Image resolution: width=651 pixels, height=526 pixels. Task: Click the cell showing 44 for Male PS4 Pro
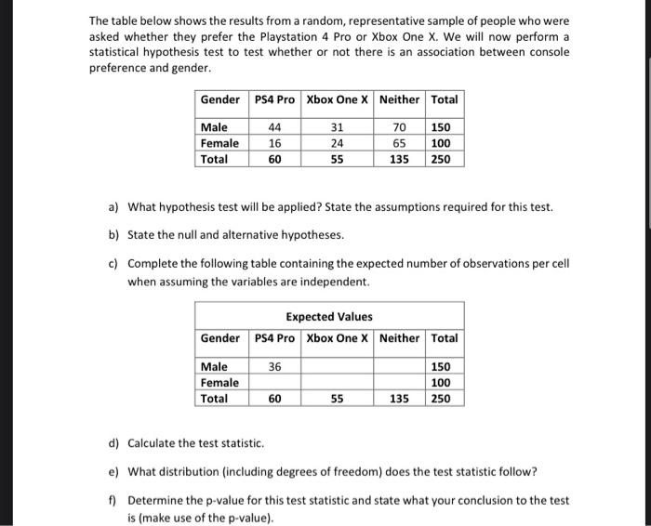pyautogui.click(x=274, y=126)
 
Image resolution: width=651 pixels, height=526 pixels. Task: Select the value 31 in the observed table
pyautogui.click(x=337, y=126)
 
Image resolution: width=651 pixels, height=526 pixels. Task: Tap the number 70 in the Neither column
pyautogui.click(x=401, y=126)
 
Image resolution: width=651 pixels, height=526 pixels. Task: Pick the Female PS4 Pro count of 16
pyautogui.click(x=274, y=143)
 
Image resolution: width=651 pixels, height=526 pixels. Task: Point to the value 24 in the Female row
pyautogui.click(x=337, y=143)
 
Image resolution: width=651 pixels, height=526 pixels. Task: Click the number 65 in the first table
pyautogui.click(x=401, y=143)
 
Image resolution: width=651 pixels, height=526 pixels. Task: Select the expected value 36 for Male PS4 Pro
pyautogui.click(x=274, y=366)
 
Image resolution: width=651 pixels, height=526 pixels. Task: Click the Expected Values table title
pyautogui.click(x=328, y=317)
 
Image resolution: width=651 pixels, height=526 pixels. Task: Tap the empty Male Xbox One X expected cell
pyautogui.click(x=337, y=366)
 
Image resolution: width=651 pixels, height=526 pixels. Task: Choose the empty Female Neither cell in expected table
pyautogui.click(x=399, y=382)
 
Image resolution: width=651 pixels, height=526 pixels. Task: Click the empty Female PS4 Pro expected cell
pyautogui.click(x=274, y=382)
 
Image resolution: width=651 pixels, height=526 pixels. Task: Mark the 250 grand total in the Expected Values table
pyautogui.click(x=444, y=399)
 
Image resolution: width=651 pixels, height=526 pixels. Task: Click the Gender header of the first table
pyautogui.click(x=220, y=99)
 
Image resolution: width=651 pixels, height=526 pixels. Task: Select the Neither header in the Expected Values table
pyautogui.click(x=399, y=337)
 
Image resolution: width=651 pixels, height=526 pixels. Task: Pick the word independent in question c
pyautogui.click(x=332, y=281)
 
